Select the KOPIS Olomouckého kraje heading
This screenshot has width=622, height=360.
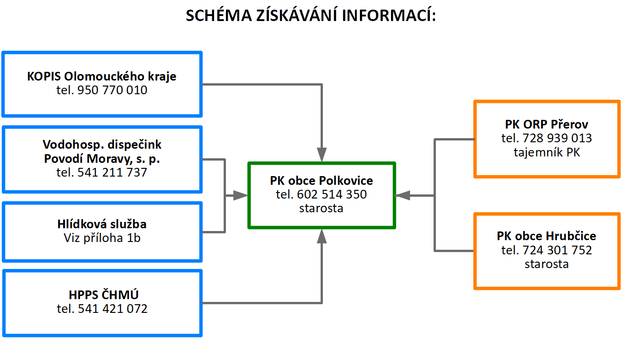point(102,76)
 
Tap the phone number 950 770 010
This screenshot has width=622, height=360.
point(113,90)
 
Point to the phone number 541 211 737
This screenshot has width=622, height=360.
point(113,172)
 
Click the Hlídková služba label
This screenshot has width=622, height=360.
point(102,224)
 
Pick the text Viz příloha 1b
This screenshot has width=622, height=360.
point(102,238)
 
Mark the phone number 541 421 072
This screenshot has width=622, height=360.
point(113,309)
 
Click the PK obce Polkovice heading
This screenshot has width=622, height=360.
point(321,181)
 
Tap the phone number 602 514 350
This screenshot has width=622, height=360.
point(332,194)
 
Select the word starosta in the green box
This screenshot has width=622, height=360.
point(321,208)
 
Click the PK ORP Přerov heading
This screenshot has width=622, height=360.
point(547,124)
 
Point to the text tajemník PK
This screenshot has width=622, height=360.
point(547,152)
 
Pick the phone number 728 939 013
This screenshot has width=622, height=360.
point(558,138)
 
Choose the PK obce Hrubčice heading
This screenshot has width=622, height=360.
point(547,236)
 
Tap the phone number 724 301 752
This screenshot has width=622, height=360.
point(558,250)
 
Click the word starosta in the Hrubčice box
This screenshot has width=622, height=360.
point(547,264)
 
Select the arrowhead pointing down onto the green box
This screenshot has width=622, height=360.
point(322,155)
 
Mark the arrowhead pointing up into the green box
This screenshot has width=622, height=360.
point(322,236)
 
